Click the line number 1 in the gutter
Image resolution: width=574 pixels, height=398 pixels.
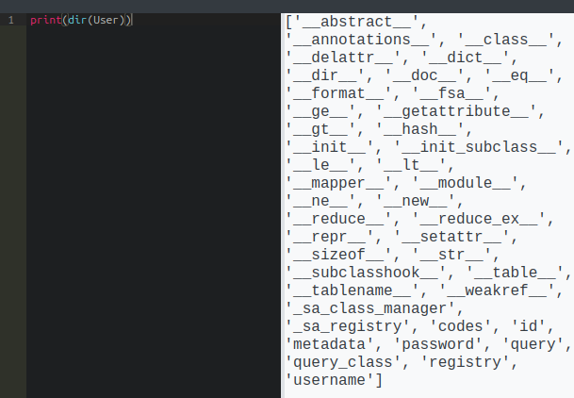point(10,20)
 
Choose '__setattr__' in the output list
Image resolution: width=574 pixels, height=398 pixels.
point(458,238)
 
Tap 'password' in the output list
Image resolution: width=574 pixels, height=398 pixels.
point(425,344)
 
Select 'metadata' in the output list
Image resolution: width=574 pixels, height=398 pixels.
point(325,344)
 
